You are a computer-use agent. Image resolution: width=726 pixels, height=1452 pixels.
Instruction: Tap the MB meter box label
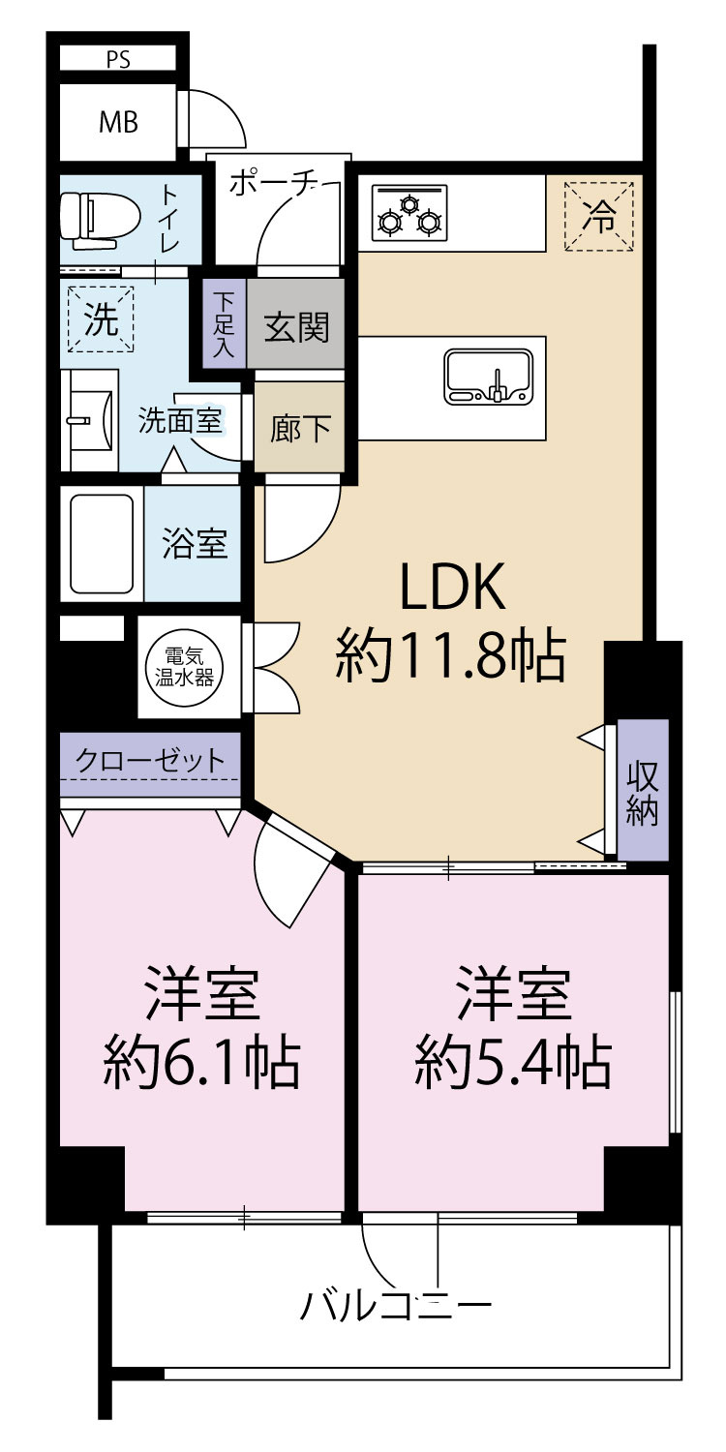pos(118,123)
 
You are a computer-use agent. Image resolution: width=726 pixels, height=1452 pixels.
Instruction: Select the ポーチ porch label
pos(274,184)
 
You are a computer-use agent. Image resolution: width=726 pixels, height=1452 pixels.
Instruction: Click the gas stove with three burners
pos(408,213)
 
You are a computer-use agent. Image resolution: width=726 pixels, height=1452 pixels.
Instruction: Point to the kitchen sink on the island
pos(488,376)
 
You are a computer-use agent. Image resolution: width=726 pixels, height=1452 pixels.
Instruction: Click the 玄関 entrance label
pos(297,328)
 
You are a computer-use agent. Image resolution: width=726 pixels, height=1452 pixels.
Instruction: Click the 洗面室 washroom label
pos(181,421)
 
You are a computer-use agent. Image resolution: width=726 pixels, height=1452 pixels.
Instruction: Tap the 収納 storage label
pos(642,791)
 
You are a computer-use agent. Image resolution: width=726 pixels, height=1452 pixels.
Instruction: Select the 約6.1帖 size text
pos(201,1062)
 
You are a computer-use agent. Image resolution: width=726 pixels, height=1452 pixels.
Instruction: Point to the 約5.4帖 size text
pos(513,1062)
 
